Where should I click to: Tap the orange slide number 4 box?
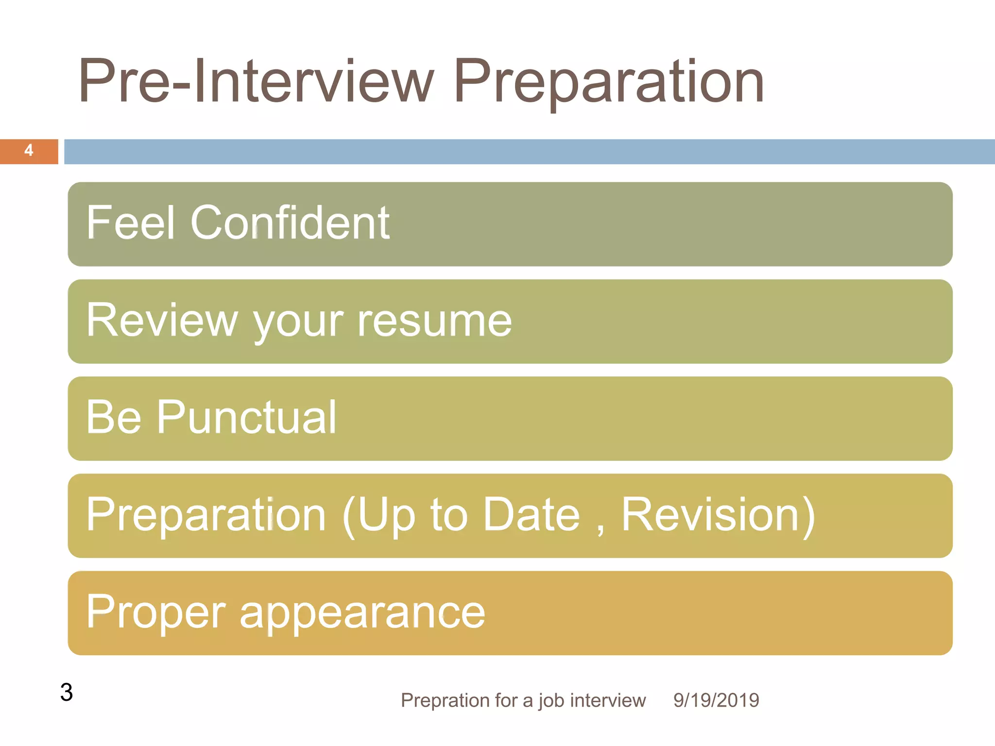(29, 151)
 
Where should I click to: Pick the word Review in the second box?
(162, 320)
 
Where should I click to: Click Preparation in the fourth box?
(206, 515)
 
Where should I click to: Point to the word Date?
(532, 515)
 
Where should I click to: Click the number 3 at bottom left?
(67, 692)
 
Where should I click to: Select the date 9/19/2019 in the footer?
(716, 700)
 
